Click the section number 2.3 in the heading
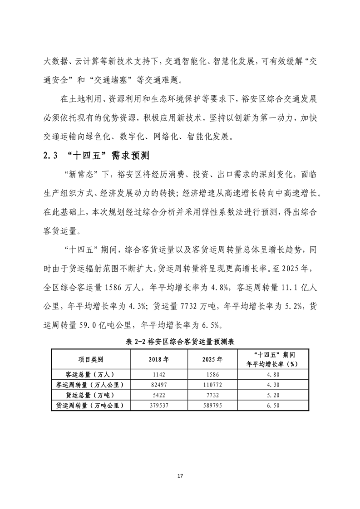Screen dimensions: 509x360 [x=49, y=156]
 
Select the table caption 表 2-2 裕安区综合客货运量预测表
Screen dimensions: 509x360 [x=180, y=342]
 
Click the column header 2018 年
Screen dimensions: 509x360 [x=158, y=359]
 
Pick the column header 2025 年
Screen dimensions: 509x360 [x=212, y=359]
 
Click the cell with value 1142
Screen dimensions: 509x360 [x=158, y=375]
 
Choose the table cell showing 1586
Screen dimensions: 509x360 [x=212, y=375]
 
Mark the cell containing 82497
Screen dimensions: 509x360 [x=158, y=385]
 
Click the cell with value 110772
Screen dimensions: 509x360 [x=212, y=385]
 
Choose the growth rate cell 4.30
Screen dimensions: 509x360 [x=274, y=385]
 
